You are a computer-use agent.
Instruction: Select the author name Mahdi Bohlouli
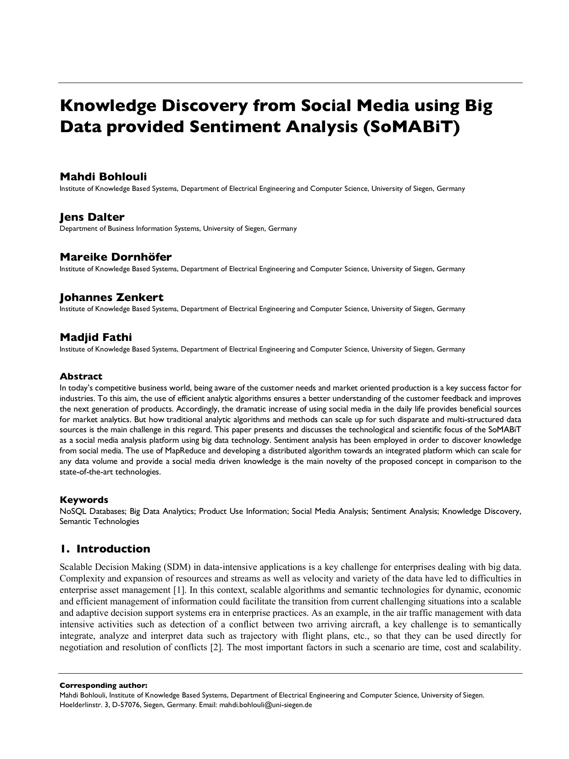coord(103,177)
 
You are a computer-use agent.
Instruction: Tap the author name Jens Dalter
coord(92,217)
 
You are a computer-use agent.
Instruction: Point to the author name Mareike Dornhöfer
coord(116,257)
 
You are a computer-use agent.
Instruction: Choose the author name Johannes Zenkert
coord(111,297)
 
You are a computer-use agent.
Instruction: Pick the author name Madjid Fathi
coord(95,337)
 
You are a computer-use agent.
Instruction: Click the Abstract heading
coord(81,376)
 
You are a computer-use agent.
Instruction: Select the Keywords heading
coord(84,500)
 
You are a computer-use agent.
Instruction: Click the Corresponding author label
coord(103,686)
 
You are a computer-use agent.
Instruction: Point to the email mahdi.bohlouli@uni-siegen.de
coord(265,705)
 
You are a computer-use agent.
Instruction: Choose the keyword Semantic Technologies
coord(99,521)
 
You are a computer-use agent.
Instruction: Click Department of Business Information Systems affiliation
coord(130,229)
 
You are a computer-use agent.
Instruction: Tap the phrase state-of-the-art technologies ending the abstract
coord(110,472)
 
